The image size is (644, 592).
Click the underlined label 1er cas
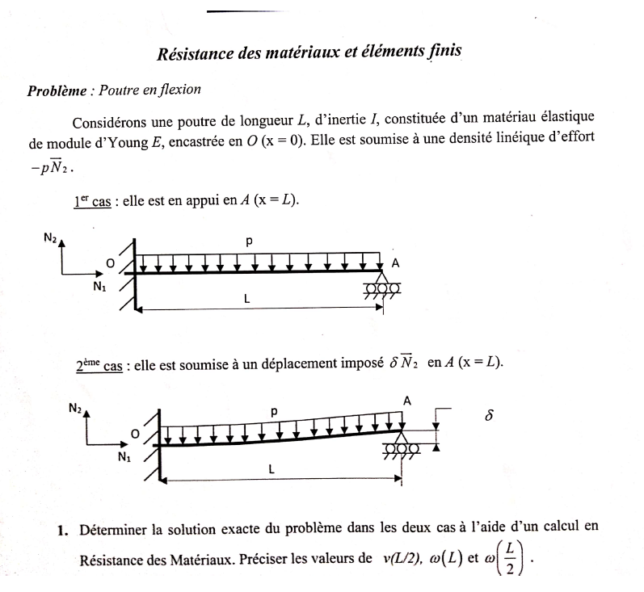tap(91, 199)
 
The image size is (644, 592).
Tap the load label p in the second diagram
tap(274, 411)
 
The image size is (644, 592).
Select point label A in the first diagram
tap(395, 263)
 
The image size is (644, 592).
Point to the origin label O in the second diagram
tap(135, 435)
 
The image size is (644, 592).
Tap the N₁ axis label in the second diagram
tap(124, 458)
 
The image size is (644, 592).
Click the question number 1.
tap(61, 530)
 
